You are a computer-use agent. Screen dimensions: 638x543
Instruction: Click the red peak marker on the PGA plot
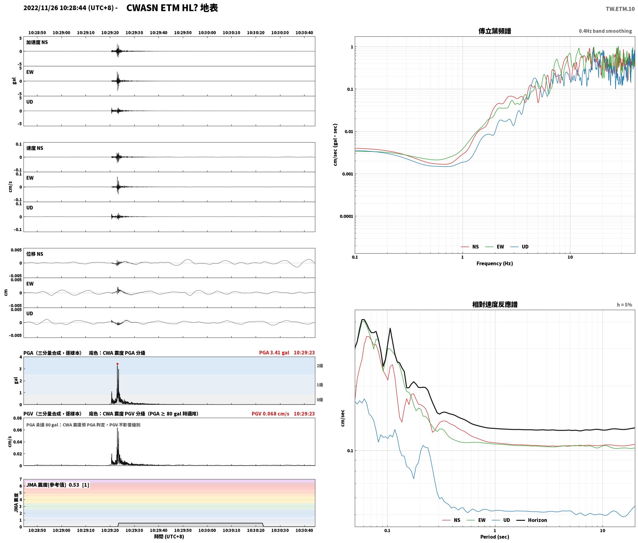tap(117, 364)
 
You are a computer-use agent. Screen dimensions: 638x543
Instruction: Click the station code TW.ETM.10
tap(620, 9)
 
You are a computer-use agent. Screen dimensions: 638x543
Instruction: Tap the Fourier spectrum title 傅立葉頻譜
tap(494, 31)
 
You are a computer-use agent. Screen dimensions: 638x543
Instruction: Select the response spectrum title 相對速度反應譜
tap(495, 305)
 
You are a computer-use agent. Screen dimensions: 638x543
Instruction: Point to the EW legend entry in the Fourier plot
tap(495, 247)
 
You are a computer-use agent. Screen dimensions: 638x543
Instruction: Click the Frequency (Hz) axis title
tap(494, 263)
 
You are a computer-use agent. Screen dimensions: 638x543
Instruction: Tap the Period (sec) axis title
tap(494, 537)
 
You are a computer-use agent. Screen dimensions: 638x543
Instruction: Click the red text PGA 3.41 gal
tap(274, 353)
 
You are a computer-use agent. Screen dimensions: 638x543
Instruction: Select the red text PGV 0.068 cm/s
tap(271, 414)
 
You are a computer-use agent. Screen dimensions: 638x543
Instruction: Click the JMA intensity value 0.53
tap(74, 485)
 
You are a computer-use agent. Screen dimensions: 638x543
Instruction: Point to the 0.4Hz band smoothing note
tap(605, 31)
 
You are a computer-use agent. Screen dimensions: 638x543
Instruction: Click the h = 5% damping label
tap(624, 305)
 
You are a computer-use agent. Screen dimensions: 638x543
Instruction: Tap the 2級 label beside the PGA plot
tap(320, 366)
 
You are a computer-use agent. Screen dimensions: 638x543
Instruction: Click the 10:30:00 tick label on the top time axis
tap(207, 33)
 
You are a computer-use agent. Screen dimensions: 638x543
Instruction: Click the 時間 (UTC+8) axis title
tap(169, 537)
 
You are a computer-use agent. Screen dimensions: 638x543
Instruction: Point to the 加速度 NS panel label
tap(37, 42)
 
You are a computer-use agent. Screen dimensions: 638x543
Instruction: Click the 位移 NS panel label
tap(35, 254)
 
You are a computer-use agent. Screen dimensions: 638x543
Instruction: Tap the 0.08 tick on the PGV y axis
tap(18, 418)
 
